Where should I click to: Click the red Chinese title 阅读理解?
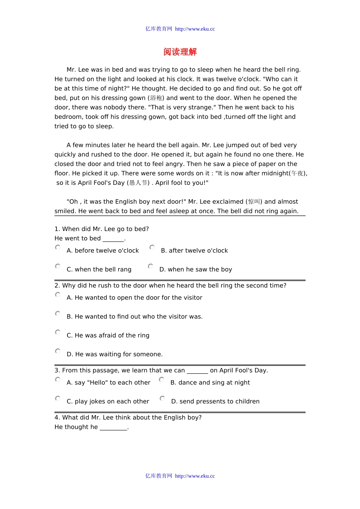(180, 52)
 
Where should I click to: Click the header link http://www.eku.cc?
(195, 29)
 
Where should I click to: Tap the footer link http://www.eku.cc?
(195, 476)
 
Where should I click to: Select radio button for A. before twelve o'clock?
(58, 247)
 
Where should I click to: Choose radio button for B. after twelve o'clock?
(152, 247)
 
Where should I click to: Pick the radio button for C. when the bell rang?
(58, 266)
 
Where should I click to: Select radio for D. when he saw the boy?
(150, 266)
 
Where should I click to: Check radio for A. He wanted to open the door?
(58, 295)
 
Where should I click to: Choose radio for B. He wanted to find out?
(58, 314)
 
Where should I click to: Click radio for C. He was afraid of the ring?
(58, 332)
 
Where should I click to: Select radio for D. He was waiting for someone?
(58, 351)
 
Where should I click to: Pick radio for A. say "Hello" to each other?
(58, 379)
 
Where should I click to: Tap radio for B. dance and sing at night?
(161, 379)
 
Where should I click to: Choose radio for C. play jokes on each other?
(58, 398)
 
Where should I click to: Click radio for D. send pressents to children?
(162, 398)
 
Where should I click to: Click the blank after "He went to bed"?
(113, 239)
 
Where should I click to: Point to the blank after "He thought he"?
(113, 427)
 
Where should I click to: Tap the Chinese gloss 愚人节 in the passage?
(138, 183)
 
